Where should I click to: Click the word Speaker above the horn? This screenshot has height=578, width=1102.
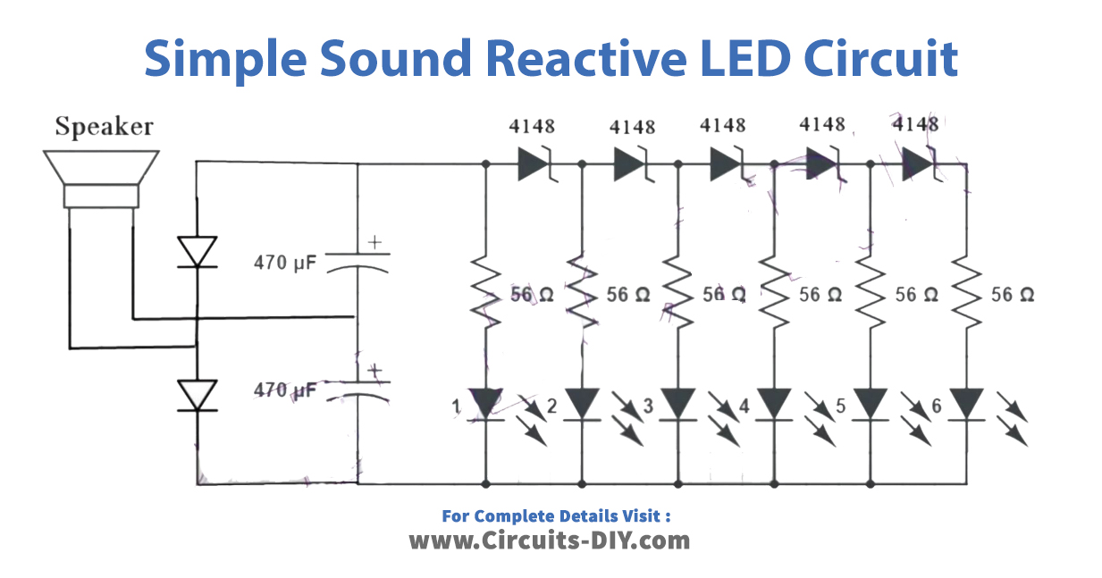[x=104, y=127]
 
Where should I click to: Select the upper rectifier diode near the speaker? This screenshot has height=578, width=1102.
[x=197, y=251]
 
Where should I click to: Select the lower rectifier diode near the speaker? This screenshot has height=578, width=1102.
[x=197, y=395]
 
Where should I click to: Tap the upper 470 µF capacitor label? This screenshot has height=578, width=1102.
[x=285, y=263]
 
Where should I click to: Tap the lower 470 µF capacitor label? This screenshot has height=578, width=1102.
[x=285, y=390]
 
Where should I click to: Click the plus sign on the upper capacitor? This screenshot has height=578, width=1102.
[x=374, y=241]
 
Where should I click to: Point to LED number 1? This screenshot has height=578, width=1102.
[x=486, y=403]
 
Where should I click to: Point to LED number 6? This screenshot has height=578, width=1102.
[x=967, y=403]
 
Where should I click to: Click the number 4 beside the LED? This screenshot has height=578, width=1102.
[x=744, y=407]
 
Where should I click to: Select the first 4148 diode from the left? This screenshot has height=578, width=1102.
[x=534, y=164]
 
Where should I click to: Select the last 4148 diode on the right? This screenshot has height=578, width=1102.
[x=919, y=164]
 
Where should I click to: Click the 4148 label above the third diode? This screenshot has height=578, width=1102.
[x=723, y=125]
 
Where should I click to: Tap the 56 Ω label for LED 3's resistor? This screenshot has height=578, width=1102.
[x=724, y=294]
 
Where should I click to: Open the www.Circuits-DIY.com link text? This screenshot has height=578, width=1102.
[x=550, y=540]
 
